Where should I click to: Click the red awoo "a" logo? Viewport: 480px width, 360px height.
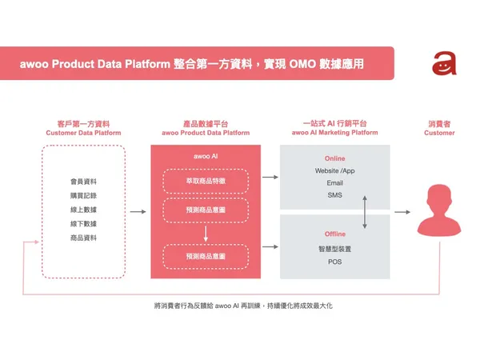pyautogui.click(x=444, y=63)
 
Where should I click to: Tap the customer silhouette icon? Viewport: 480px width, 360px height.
pyautogui.click(x=439, y=210)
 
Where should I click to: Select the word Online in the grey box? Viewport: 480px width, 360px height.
pyautogui.click(x=335, y=158)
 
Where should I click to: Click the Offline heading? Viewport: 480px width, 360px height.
pyautogui.click(x=335, y=234)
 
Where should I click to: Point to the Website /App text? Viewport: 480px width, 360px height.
pyautogui.click(x=335, y=171)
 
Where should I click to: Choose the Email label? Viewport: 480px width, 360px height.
pyautogui.click(x=335, y=183)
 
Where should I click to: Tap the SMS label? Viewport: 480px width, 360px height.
pyautogui.click(x=335, y=195)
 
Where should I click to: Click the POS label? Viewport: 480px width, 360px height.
pyautogui.click(x=335, y=262)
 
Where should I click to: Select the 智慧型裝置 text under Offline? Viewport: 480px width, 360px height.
pyautogui.click(x=335, y=249)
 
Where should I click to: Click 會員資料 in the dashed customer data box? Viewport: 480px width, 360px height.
pyautogui.click(x=83, y=182)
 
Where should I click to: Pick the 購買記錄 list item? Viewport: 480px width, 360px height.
pyautogui.click(x=83, y=196)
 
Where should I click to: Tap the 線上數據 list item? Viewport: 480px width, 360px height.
pyautogui.click(x=83, y=210)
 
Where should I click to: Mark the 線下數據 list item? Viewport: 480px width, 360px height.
pyautogui.click(x=83, y=224)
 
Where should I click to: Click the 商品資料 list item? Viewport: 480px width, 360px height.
pyautogui.click(x=83, y=238)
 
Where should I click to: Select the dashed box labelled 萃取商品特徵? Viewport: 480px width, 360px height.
pyautogui.click(x=206, y=182)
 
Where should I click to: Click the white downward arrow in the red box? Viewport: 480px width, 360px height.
pyautogui.click(x=206, y=234)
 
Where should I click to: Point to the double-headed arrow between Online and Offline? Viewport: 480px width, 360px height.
pyautogui.click(x=365, y=212)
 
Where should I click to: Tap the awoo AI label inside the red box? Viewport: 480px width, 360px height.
pyautogui.click(x=206, y=156)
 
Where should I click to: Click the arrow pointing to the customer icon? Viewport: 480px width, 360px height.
pyautogui.click(x=402, y=212)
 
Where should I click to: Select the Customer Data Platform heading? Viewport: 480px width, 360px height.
pyautogui.click(x=83, y=133)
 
